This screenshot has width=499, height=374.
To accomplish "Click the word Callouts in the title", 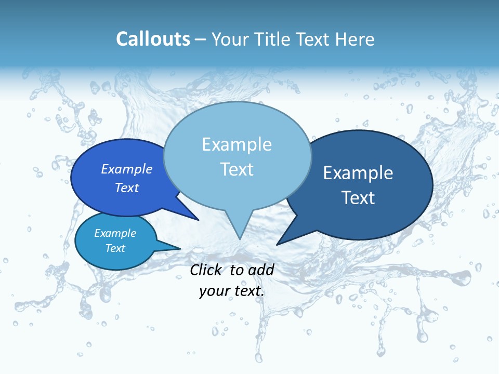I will pyautogui.click(x=153, y=39).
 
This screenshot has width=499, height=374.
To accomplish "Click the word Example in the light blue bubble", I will pyautogui.click(x=237, y=144).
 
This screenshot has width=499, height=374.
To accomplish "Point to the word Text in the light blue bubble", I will pyautogui.click(x=237, y=169).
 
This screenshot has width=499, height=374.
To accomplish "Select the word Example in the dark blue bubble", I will pyautogui.click(x=358, y=173).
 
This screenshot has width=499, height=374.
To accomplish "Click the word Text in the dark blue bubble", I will pyautogui.click(x=358, y=198).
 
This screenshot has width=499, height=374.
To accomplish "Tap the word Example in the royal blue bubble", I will pyautogui.click(x=127, y=169).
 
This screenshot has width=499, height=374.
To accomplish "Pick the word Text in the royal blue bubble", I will pyautogui.click(x=127, y=188).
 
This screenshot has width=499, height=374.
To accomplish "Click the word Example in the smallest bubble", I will pyautogui.click(x=115, y=233).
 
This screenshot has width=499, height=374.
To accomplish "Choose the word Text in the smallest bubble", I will pyautogui.click(x=115, y=248).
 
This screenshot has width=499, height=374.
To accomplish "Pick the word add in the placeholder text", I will pyautogui.click(x=261, y=270).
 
